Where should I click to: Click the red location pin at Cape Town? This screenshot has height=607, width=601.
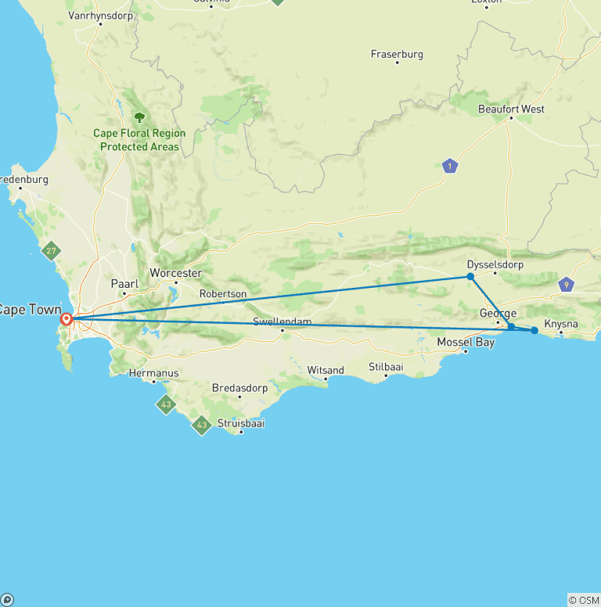67,319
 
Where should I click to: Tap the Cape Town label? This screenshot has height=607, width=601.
30,310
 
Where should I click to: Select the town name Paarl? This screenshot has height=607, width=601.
125,284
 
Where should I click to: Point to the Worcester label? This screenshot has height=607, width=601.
176,273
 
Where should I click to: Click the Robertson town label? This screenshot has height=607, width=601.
223,294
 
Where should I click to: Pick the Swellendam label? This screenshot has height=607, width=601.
282,321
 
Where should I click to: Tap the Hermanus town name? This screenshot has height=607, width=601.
153,373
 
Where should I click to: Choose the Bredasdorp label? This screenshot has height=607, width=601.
239,388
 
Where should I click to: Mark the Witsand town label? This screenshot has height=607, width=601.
326,370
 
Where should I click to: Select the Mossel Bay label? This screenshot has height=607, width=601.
466,342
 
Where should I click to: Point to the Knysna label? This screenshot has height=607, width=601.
561,323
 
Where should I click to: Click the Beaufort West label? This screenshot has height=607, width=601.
511,110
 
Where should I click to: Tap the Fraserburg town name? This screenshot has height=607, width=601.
397,54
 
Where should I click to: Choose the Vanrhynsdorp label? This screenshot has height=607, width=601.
100,15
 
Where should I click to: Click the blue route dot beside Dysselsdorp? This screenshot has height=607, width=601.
470,276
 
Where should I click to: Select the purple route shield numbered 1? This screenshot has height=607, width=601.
449,166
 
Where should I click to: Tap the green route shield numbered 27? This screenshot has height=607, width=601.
52,251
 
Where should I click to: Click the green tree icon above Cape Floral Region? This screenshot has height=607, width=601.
139,117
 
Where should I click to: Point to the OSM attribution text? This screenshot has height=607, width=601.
583,600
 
